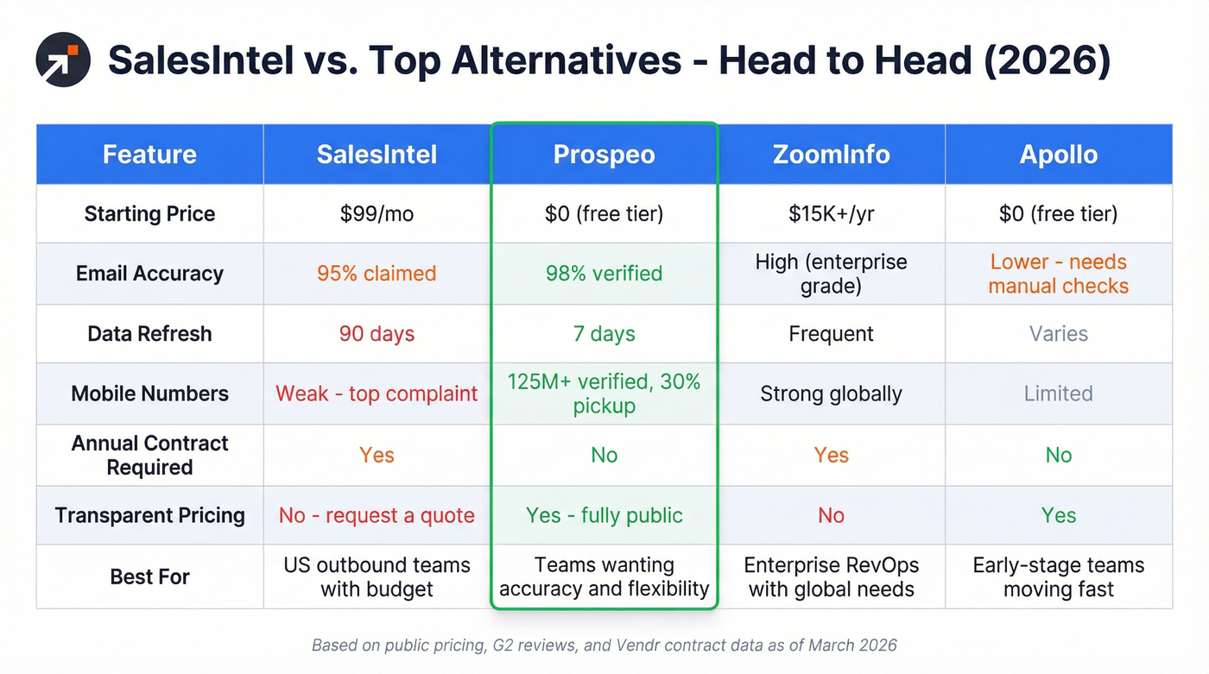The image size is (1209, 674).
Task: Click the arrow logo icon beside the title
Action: pyautogui.click(x=63, y=60)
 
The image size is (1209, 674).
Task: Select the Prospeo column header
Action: pyautogui.click(x=604, y=154)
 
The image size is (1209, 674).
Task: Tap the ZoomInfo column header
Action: pyautogui.click(x=831, y=154)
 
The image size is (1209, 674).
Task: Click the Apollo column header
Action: pyautogui.click(x=1058, y=154)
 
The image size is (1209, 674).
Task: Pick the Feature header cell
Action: pyautogui.click(x=149, y=154)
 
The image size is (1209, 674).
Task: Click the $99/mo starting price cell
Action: pyautogui.click(x=377, y=214)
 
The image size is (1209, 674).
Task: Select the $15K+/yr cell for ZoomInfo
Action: pyautogui.click(x=831, y=214)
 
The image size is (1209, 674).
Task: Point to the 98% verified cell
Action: pyautogui.click(x=604, y=274)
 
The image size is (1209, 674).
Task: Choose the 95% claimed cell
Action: pyautogui.click(x=377, y=274)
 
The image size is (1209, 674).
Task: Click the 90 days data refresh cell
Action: pyautogui.click(x=377, y=334)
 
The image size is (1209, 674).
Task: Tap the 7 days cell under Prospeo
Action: pyautogui.click(x=604, y=334)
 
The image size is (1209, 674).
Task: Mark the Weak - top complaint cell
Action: pyautogui.click(x=377, y=394)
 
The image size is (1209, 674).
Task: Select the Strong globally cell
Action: pyautogui.click(x=831, y=394)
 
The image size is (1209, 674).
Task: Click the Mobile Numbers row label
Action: pyautogui.click(x=149, y=394)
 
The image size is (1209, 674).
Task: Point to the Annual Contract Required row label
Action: pyautogui.click(x=149, y=455)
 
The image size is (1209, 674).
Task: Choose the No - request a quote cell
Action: pyautogui.click(x=377, y=515)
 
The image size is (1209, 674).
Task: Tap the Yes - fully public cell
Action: pyautogui.click(x=604, y=515)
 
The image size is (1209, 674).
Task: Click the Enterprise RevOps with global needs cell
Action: pyautogui.click(x=831, y=577)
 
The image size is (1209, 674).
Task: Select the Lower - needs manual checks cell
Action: pyautogui.click(x=1058, y=274)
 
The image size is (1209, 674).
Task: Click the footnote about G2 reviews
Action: pyautogui.click(x=604, y=645)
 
